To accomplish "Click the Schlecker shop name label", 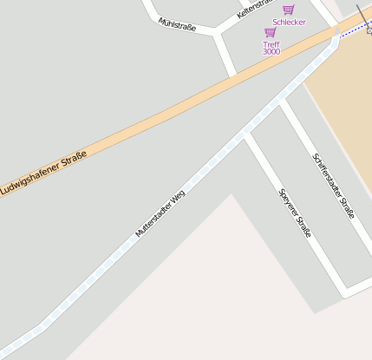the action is coord(289,23).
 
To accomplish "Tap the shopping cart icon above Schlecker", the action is coord(289,10).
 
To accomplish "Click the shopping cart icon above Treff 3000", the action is coord(271,32).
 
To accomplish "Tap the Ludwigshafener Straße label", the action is coord(43,173).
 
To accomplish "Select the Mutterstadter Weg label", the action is coord(160,213).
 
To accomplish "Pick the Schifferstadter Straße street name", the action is coord(334,185).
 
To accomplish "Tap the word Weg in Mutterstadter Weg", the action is coord(178,197).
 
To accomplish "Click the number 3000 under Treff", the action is coord(271,52).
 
